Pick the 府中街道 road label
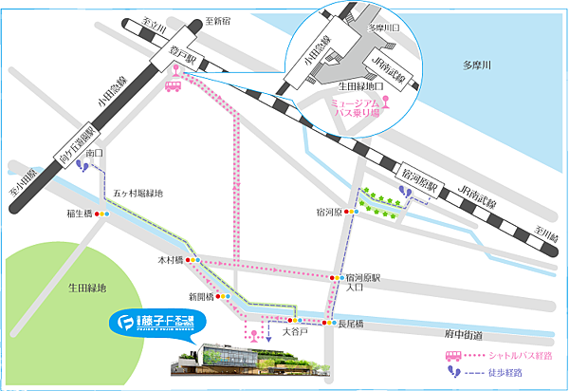pyautogui.click(x=464, y=335)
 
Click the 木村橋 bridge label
pyautogui.click(x=170, y=259)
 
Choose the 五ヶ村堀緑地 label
pyautogui.click(x=138, y=194)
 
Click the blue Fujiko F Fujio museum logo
pyautogui.click(x=152, y=320)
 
